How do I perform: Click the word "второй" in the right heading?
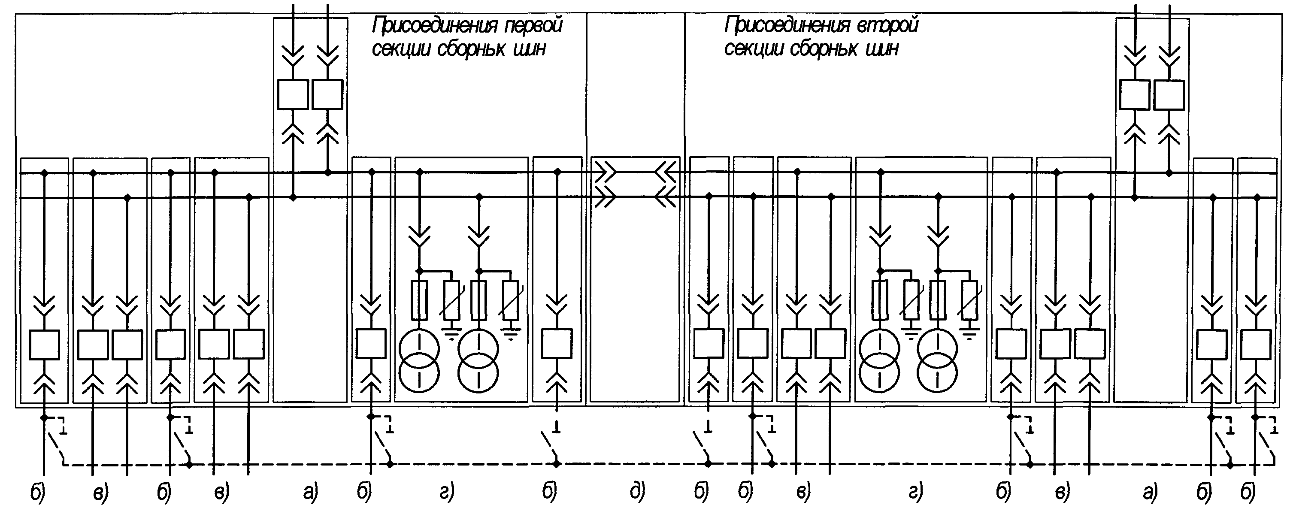888,25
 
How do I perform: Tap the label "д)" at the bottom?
637,493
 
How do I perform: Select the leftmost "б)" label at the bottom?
38,493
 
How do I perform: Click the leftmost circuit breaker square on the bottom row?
45,345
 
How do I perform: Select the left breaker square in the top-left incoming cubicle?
293,94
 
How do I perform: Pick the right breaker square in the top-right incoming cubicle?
1169,95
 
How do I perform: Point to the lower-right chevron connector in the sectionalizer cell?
666,197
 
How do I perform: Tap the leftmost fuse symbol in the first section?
419,300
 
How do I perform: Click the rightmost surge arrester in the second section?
970,300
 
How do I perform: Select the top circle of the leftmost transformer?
419,348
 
